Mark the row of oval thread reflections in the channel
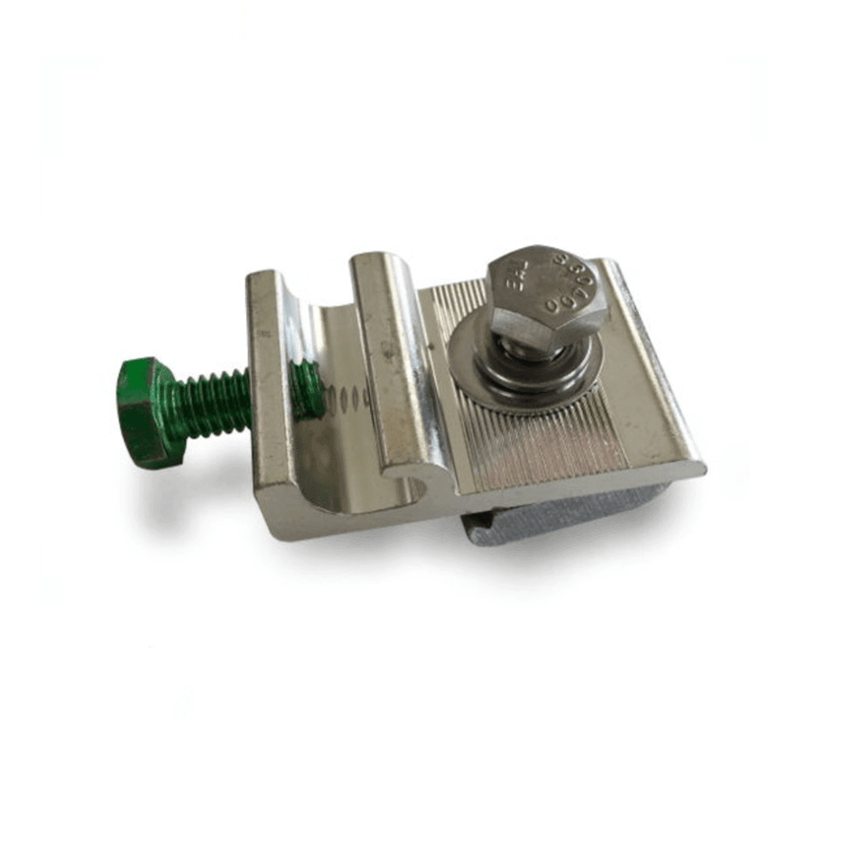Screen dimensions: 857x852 (x=348, y=399)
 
